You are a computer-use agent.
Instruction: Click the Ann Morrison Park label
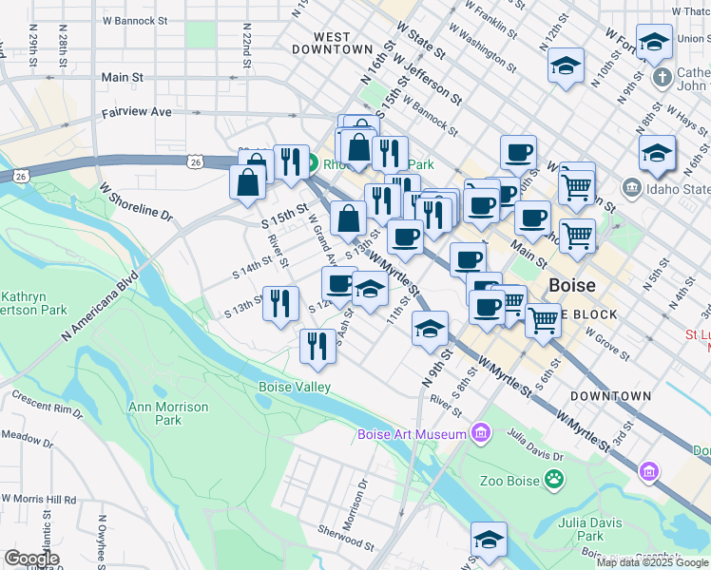pos(155,413)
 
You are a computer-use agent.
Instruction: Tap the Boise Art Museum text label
pos(413,435)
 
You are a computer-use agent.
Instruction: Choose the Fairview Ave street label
pos(137,112)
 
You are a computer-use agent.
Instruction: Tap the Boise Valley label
pos(295,387)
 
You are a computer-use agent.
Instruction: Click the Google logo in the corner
pos(31,559)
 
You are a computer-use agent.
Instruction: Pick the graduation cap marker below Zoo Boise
pos(490,541)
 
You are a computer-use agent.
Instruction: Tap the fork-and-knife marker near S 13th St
pos(279,305)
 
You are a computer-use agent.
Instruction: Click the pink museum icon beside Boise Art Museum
pos(481,434)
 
